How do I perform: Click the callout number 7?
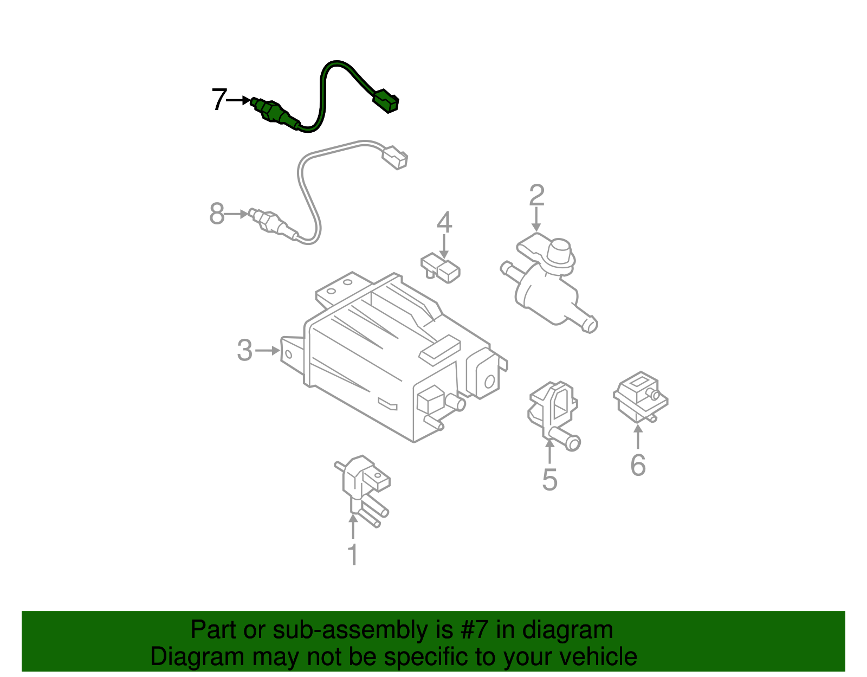218,100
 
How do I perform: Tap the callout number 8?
217,214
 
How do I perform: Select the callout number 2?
536,196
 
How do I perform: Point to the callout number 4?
444,223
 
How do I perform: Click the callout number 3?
244,351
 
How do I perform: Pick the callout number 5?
549,480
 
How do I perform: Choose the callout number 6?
638,465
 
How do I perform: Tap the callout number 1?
353,555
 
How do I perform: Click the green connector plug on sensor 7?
386,101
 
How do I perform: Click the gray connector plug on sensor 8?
394,157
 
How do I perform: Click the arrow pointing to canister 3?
267,351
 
